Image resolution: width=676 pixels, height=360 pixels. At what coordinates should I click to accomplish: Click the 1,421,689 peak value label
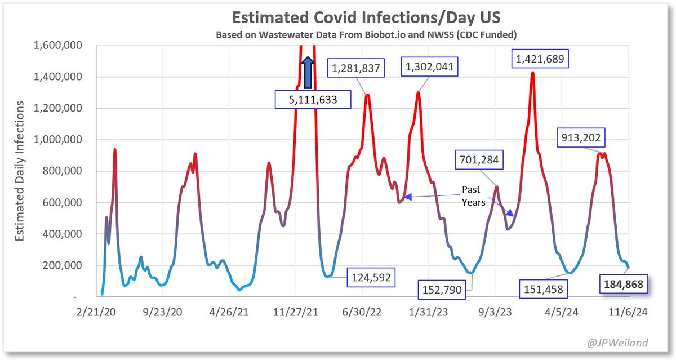(x=540, y=59)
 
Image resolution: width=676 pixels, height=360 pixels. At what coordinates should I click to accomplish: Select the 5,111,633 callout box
(x=313, y=99)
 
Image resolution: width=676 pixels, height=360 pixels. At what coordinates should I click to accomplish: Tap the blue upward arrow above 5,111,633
(x=308, y=73)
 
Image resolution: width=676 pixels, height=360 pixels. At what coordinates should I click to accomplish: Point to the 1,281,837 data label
(x=356, y=68)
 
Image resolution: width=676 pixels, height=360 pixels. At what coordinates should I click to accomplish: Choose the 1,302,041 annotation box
(x=429, y=66)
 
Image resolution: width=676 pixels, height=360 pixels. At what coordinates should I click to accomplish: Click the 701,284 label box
(x=479, y=159)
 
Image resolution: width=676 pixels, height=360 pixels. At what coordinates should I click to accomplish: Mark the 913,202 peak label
(x=581, y=137)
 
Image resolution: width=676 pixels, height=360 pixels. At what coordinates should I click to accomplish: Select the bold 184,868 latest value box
(x=624, y=284)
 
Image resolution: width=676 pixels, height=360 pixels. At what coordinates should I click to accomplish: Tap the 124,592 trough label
(x=371, y=277)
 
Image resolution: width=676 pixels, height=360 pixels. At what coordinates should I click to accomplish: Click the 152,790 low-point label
(x=442, y=290)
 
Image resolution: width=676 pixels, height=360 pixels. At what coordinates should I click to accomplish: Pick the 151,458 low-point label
(x=543, y=289)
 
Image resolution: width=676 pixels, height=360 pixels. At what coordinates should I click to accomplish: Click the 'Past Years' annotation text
(x=473, y=196)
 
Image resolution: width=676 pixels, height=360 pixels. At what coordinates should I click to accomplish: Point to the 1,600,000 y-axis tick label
(x=57, y=45)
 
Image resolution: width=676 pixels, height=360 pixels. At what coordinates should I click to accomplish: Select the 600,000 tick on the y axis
(x=62, y=202)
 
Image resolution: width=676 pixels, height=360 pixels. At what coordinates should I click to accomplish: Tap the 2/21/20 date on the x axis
(x=96, y=312)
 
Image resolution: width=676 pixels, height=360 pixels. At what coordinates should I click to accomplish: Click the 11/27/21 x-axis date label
(x=295, y=312)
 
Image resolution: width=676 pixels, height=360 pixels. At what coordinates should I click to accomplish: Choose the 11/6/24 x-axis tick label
(x=628, y=312)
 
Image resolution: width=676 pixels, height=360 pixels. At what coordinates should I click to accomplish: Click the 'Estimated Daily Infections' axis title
(x=19, y=171)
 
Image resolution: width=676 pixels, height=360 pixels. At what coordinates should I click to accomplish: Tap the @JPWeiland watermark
(x=617, y=343)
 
